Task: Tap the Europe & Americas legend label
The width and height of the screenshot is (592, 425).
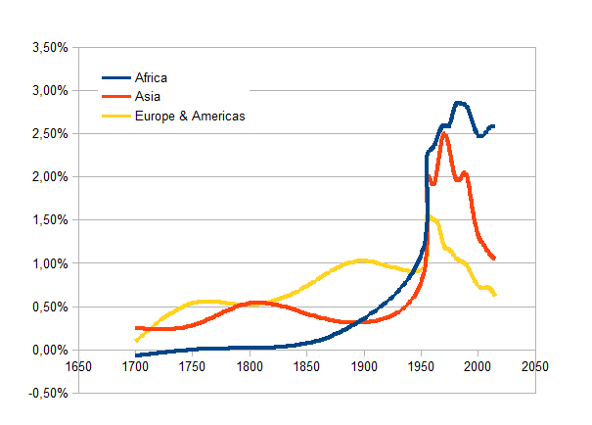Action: pos(190,116)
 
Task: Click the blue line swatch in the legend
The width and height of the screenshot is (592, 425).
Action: pos(117,77)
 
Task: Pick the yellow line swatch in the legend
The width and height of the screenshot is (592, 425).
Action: pos(117,116)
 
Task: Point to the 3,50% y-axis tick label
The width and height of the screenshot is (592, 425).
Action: pos(45,47)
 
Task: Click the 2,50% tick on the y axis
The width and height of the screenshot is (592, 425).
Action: pos(45,133)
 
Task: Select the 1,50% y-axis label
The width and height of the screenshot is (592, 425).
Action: pos(45,220)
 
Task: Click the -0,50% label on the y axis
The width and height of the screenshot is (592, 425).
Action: pos(43,393)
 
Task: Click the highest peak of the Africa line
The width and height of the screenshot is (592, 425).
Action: pos(457,102)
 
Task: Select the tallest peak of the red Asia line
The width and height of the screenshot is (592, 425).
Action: pos(444,133)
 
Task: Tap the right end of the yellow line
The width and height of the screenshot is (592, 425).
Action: pos(495,295)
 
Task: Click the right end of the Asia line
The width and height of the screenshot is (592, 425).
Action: pos(495,259)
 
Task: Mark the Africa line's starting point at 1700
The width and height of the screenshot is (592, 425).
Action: pos(136,354)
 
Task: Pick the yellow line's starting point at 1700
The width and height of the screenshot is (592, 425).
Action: pos(136,340)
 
